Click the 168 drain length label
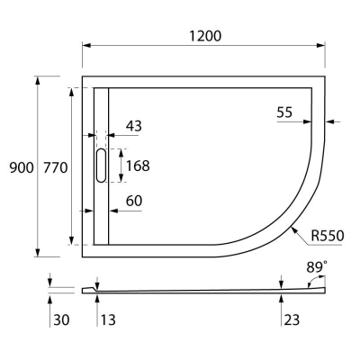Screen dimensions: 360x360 (x=138, y=166)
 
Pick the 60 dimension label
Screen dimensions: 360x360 (x=133, y=201)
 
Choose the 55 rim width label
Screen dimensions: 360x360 (x=284, y=112)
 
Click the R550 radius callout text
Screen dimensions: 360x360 (x=328, y=237)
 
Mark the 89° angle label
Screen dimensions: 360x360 (x=317, y=267)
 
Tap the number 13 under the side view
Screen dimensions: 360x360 (x=106, y=319)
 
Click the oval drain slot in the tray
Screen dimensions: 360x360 (x=100, y=166)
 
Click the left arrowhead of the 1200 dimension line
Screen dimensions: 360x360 (x=86, y=46)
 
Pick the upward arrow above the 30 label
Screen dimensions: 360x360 (x=50, y=298)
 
